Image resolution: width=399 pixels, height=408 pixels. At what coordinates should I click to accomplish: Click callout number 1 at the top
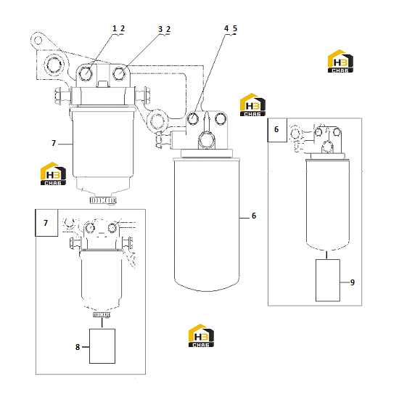(x=115, y=28)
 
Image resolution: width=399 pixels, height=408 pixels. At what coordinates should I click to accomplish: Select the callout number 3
(x=160, y=29)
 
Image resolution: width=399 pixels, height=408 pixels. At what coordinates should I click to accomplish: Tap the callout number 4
(x=226, y=28)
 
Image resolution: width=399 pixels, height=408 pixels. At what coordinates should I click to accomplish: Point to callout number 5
(x=235, y=28)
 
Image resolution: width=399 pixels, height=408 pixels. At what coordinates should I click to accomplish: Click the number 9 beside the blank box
(x=353, y=282)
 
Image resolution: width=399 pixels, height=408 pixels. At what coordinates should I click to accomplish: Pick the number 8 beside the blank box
(x=78, y=347)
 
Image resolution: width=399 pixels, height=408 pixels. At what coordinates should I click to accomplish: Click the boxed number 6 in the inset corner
(x=276, y=129)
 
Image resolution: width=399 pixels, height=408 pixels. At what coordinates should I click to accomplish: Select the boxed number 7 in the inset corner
(x=46, y=223)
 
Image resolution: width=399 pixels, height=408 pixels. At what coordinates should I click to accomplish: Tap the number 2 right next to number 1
(x=123, y=28)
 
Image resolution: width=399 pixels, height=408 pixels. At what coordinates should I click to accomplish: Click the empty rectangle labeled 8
(x=102, y=346)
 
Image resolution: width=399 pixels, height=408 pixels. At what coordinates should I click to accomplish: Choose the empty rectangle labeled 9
(x=328, y=280)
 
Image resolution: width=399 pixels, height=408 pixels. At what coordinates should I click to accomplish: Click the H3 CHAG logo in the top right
(x=340, y=61)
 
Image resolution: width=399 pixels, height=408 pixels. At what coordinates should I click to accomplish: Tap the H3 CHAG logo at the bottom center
(x=201, y=335)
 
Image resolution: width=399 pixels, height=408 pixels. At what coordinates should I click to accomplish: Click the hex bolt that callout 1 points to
(x=85, y=73)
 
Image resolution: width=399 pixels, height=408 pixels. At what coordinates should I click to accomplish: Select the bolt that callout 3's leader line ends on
(x=119, y=73)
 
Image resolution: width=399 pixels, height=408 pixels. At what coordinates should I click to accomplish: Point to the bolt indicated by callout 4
(x=193, y=118)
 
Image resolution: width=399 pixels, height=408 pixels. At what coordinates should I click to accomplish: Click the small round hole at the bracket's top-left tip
(x=38, y=41)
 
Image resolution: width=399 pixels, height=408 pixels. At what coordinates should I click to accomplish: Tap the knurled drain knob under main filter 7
(x=103, y=200)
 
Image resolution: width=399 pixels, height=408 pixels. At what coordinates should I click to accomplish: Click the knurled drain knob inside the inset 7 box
(x=102, y=315)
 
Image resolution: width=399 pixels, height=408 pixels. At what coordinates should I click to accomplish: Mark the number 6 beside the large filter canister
(x=254, y=216)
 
